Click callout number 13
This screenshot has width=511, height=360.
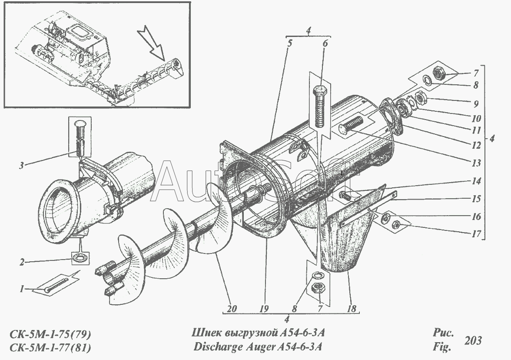pos(477,163)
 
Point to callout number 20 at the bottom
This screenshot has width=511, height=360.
pos(232,309)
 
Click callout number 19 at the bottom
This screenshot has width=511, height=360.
pos(264,309)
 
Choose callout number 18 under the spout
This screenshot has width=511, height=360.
pos(352,309)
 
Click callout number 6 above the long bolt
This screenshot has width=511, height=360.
pos(325,43)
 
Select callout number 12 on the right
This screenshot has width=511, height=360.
pos(477,145)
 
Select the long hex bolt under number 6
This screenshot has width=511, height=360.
pos(320,107)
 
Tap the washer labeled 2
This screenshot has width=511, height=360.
pos(79,257)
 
